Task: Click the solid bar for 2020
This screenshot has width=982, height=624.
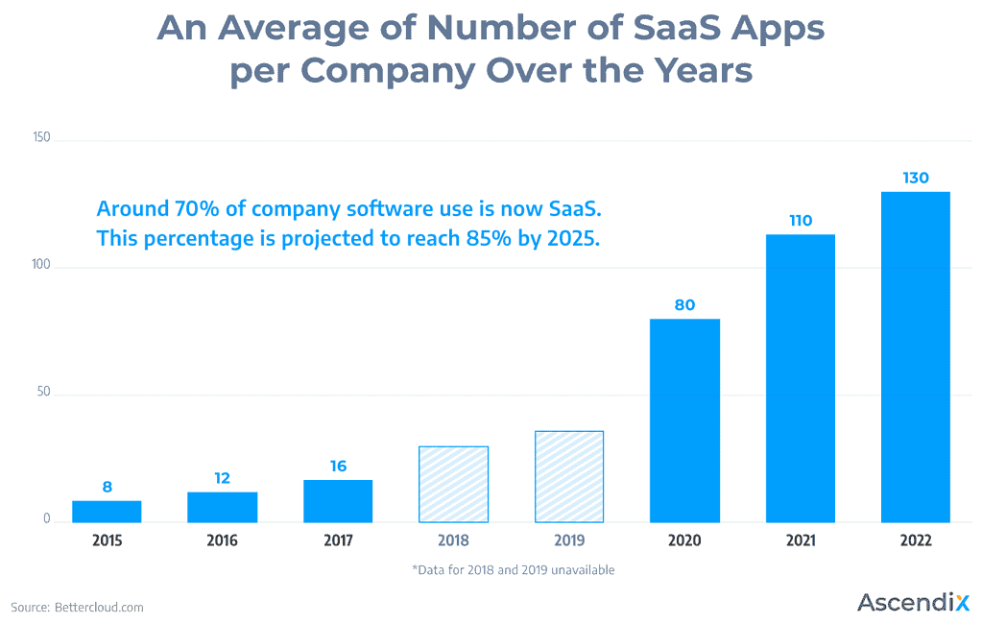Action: click(684, 420)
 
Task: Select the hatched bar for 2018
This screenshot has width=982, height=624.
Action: click(453, 484)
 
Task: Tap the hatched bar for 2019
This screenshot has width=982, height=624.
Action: click(568, 476)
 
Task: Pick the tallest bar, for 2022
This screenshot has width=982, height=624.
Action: click(915, 356)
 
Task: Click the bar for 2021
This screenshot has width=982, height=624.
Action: click(800, 378)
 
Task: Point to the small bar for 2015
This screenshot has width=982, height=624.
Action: click(107, 512)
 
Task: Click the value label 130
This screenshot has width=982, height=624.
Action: click(916, 178)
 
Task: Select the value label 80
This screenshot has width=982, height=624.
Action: click(684, 305)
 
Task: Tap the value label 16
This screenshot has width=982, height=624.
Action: click(338, 466)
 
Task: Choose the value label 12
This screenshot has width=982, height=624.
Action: click(222, 477)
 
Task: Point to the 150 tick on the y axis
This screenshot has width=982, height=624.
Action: click(40, 139)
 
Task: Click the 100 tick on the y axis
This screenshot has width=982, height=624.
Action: click(40, 266)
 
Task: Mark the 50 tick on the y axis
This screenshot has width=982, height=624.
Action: click(43, 394)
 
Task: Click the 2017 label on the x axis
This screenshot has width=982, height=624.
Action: click(338, 540)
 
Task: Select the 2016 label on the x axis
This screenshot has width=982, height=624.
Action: click(222, 540)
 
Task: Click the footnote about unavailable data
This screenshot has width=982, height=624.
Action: click(513, 569)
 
